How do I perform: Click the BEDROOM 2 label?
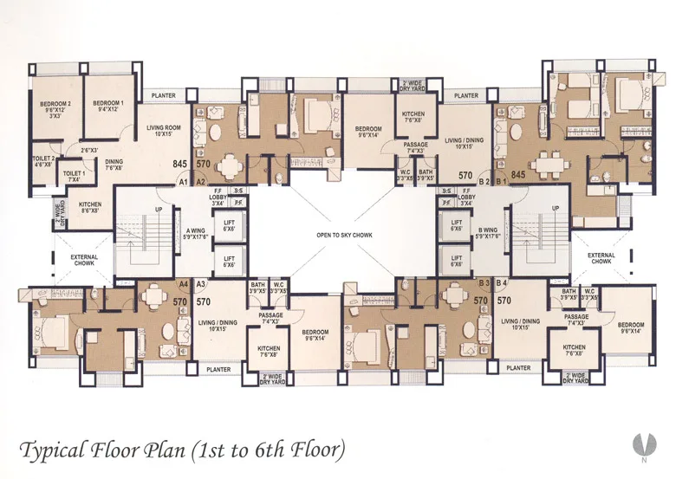(55, 105)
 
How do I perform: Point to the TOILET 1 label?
(75, 175)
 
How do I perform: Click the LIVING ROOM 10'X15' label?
(162, 131)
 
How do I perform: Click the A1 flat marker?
(184, 182)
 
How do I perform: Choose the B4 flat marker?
(503, 283)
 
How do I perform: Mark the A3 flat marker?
(200, 283)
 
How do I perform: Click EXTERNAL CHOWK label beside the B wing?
(601, 258)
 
